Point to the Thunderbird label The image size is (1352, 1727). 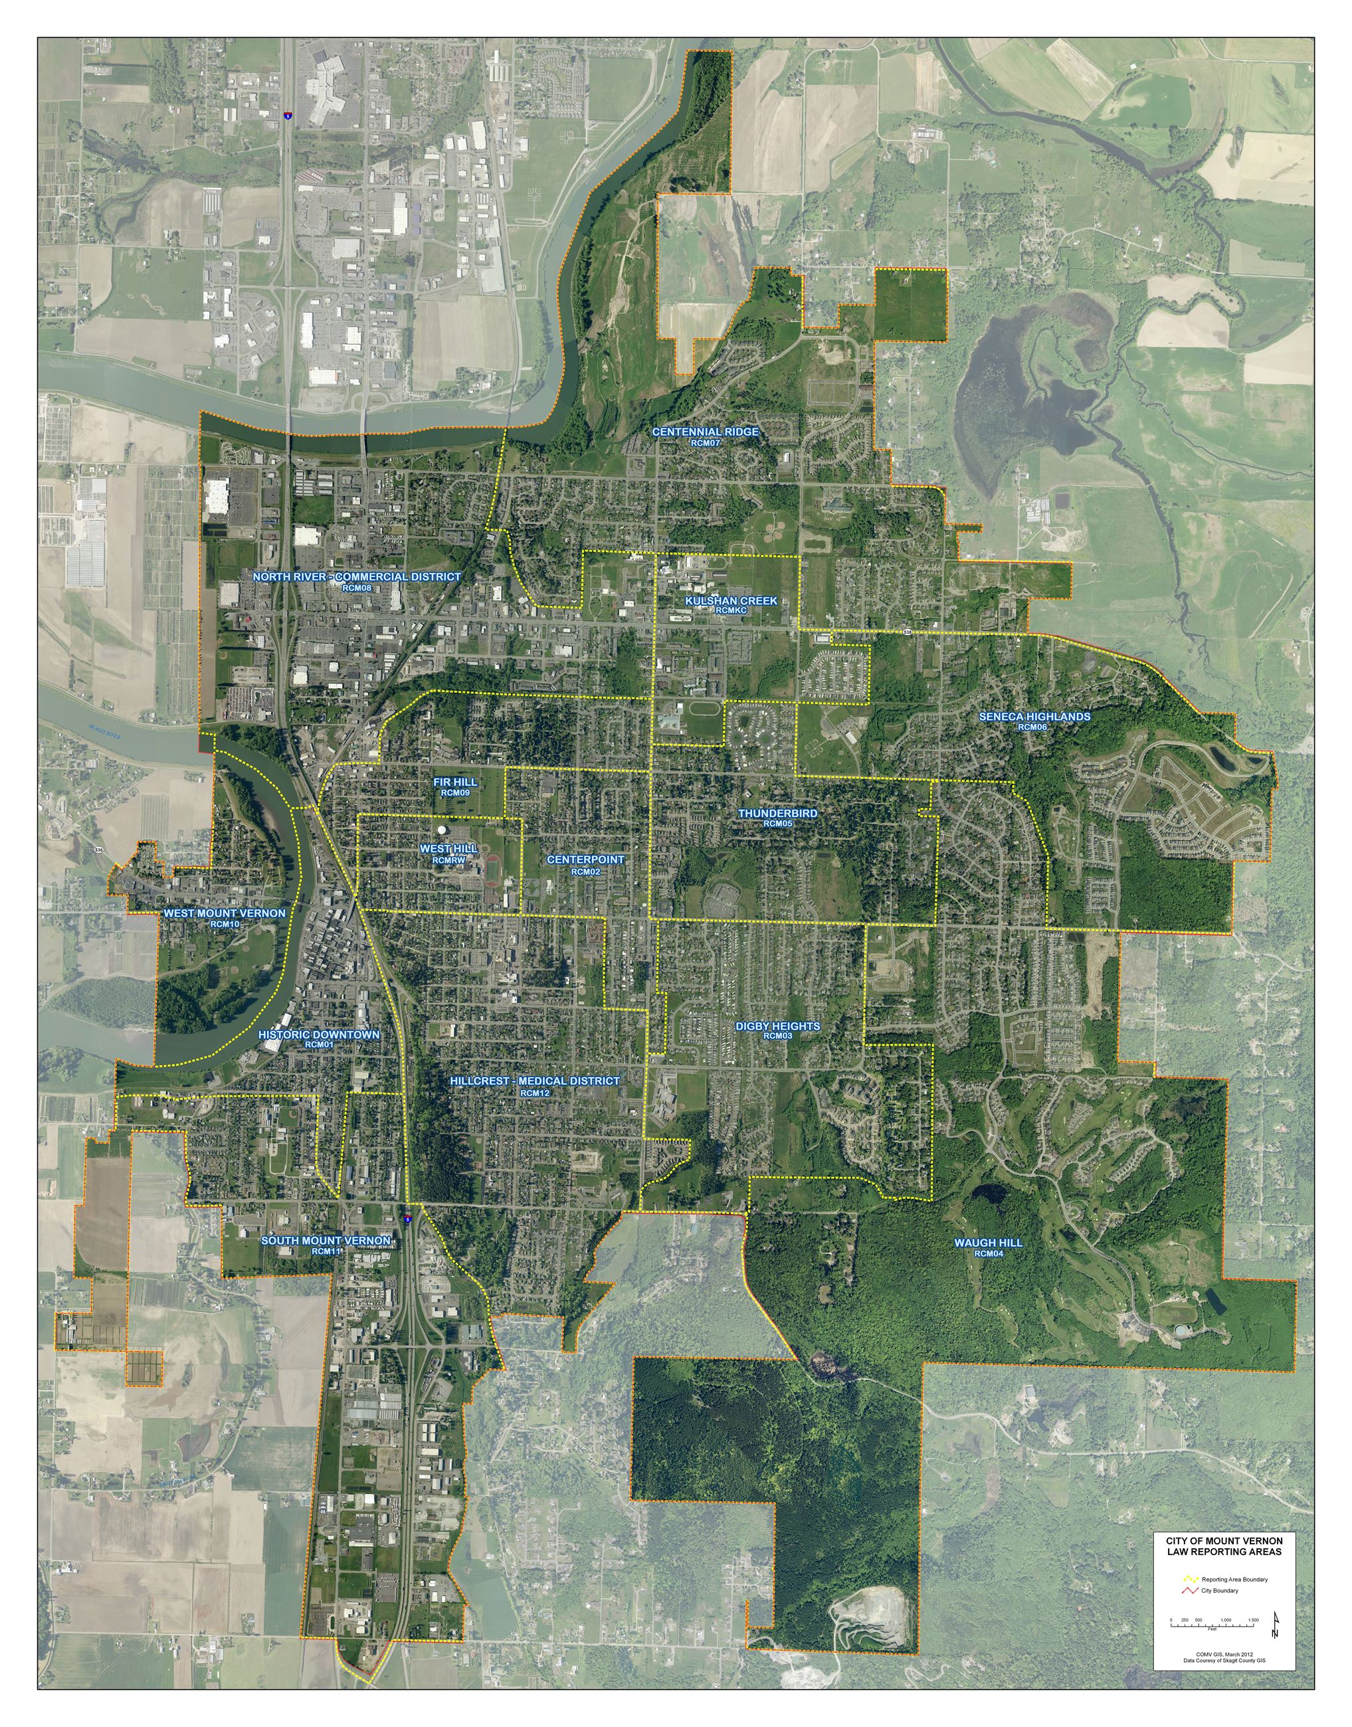777,813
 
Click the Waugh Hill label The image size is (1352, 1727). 988,1243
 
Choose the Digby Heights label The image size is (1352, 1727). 777,1026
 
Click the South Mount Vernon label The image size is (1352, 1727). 326,1240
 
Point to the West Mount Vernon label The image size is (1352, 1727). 224,913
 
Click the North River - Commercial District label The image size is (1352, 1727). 356,577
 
